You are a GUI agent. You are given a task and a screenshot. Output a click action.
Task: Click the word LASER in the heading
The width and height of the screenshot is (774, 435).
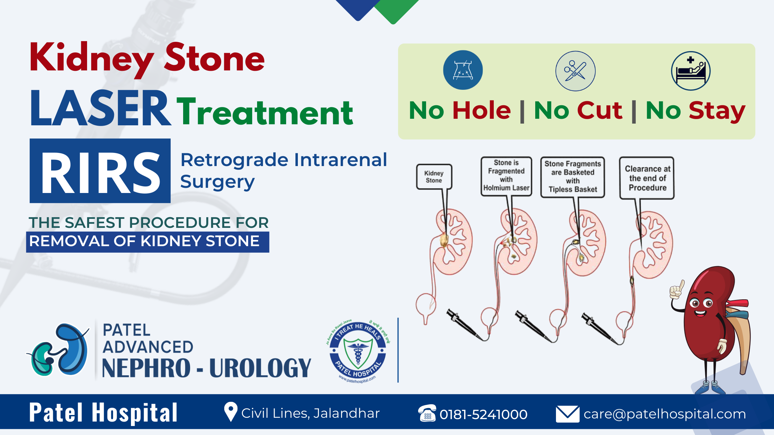pos(100,109)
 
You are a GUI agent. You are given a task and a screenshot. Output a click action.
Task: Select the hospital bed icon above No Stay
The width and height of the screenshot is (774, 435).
pos(690,71)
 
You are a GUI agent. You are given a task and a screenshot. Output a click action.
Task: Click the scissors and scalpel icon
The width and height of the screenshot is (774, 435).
pos(575,71)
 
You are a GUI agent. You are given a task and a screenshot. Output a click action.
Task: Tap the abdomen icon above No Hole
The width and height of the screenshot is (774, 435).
pos(463,70)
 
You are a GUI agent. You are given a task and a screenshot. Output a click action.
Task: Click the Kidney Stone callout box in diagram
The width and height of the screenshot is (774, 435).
pos(434,177)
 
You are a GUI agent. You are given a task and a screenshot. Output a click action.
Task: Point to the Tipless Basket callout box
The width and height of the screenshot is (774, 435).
pos(573,177)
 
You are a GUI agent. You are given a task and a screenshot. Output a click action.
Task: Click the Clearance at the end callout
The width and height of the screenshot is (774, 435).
pos(647,178)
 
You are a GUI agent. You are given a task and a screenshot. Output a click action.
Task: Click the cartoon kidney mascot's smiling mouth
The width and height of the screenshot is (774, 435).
pos(701,313)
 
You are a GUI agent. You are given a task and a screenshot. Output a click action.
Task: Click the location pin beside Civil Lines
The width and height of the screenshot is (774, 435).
pos(230,412)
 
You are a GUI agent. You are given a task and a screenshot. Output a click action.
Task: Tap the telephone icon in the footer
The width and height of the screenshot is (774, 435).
pos(427,413)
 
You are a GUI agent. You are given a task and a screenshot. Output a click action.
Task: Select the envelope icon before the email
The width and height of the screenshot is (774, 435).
pos(567,414)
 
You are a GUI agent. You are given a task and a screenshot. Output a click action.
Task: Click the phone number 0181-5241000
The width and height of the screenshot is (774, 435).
pos(483,414)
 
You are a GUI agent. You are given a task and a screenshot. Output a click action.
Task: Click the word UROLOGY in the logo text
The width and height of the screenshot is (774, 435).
pos(260,368)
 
